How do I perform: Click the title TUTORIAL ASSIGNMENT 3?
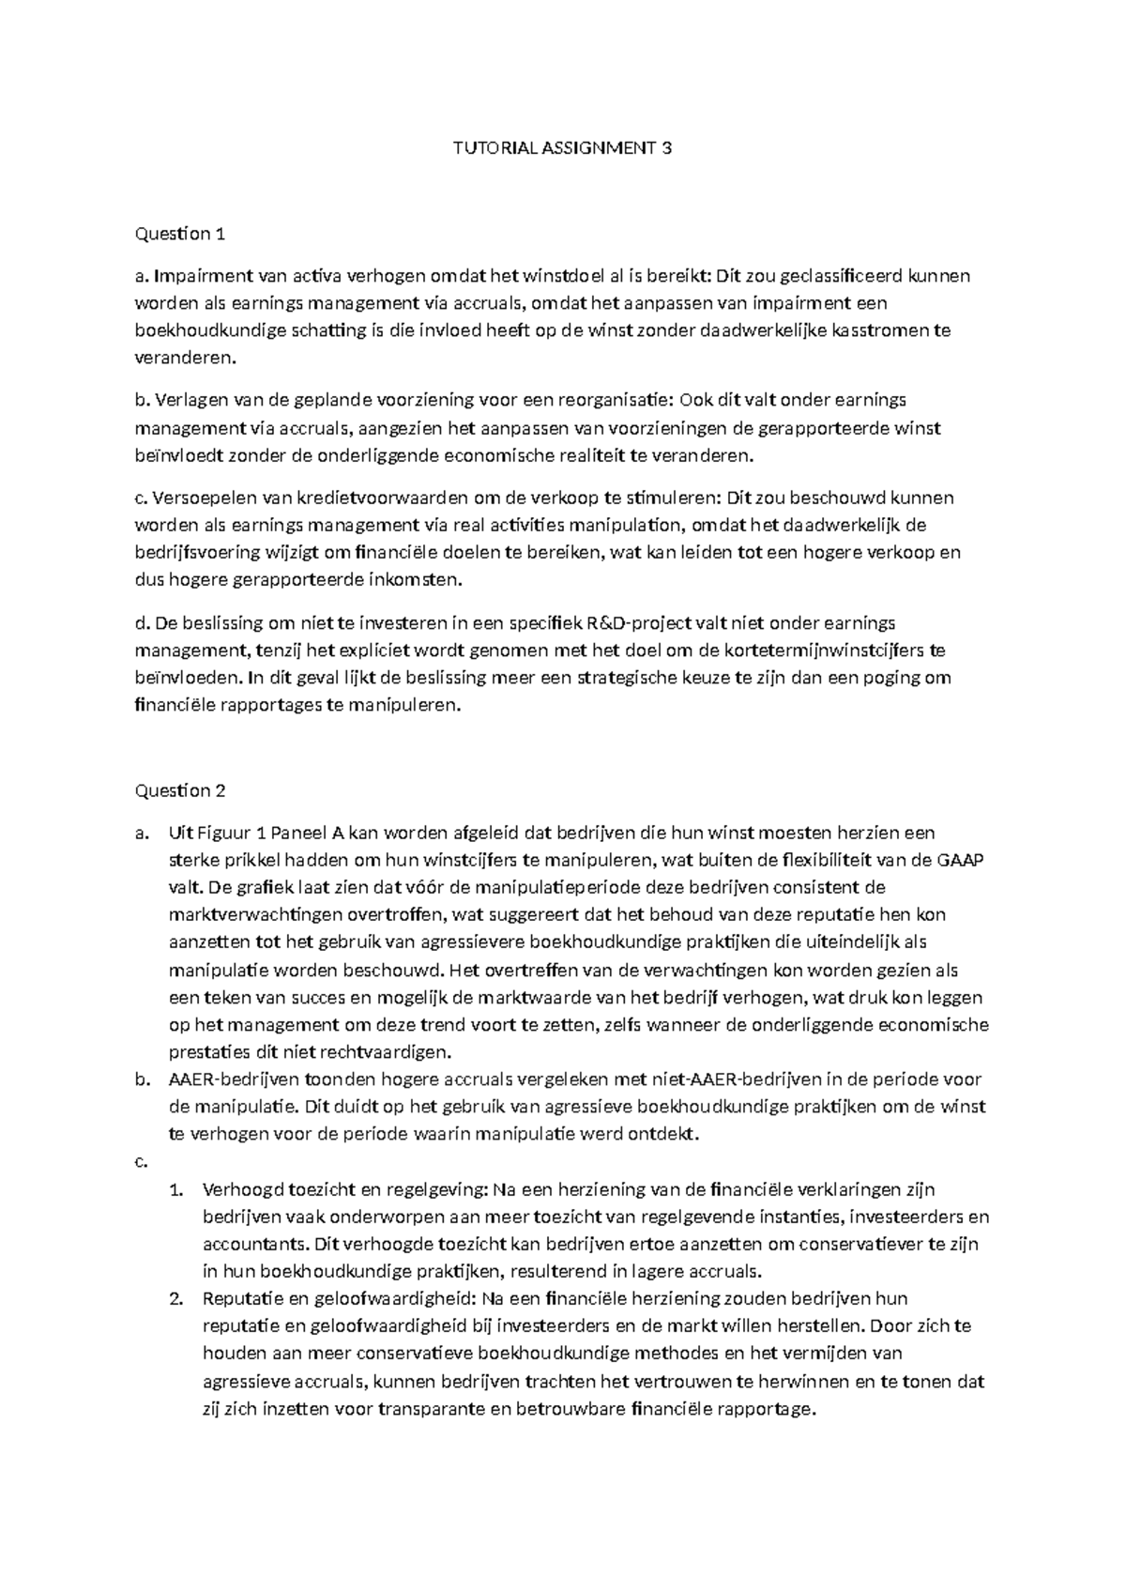563,147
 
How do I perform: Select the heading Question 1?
180,234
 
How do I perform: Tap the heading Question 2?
180,790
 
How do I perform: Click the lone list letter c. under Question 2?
142,1162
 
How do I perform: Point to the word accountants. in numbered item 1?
247,1245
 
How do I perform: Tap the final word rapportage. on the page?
765,1409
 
